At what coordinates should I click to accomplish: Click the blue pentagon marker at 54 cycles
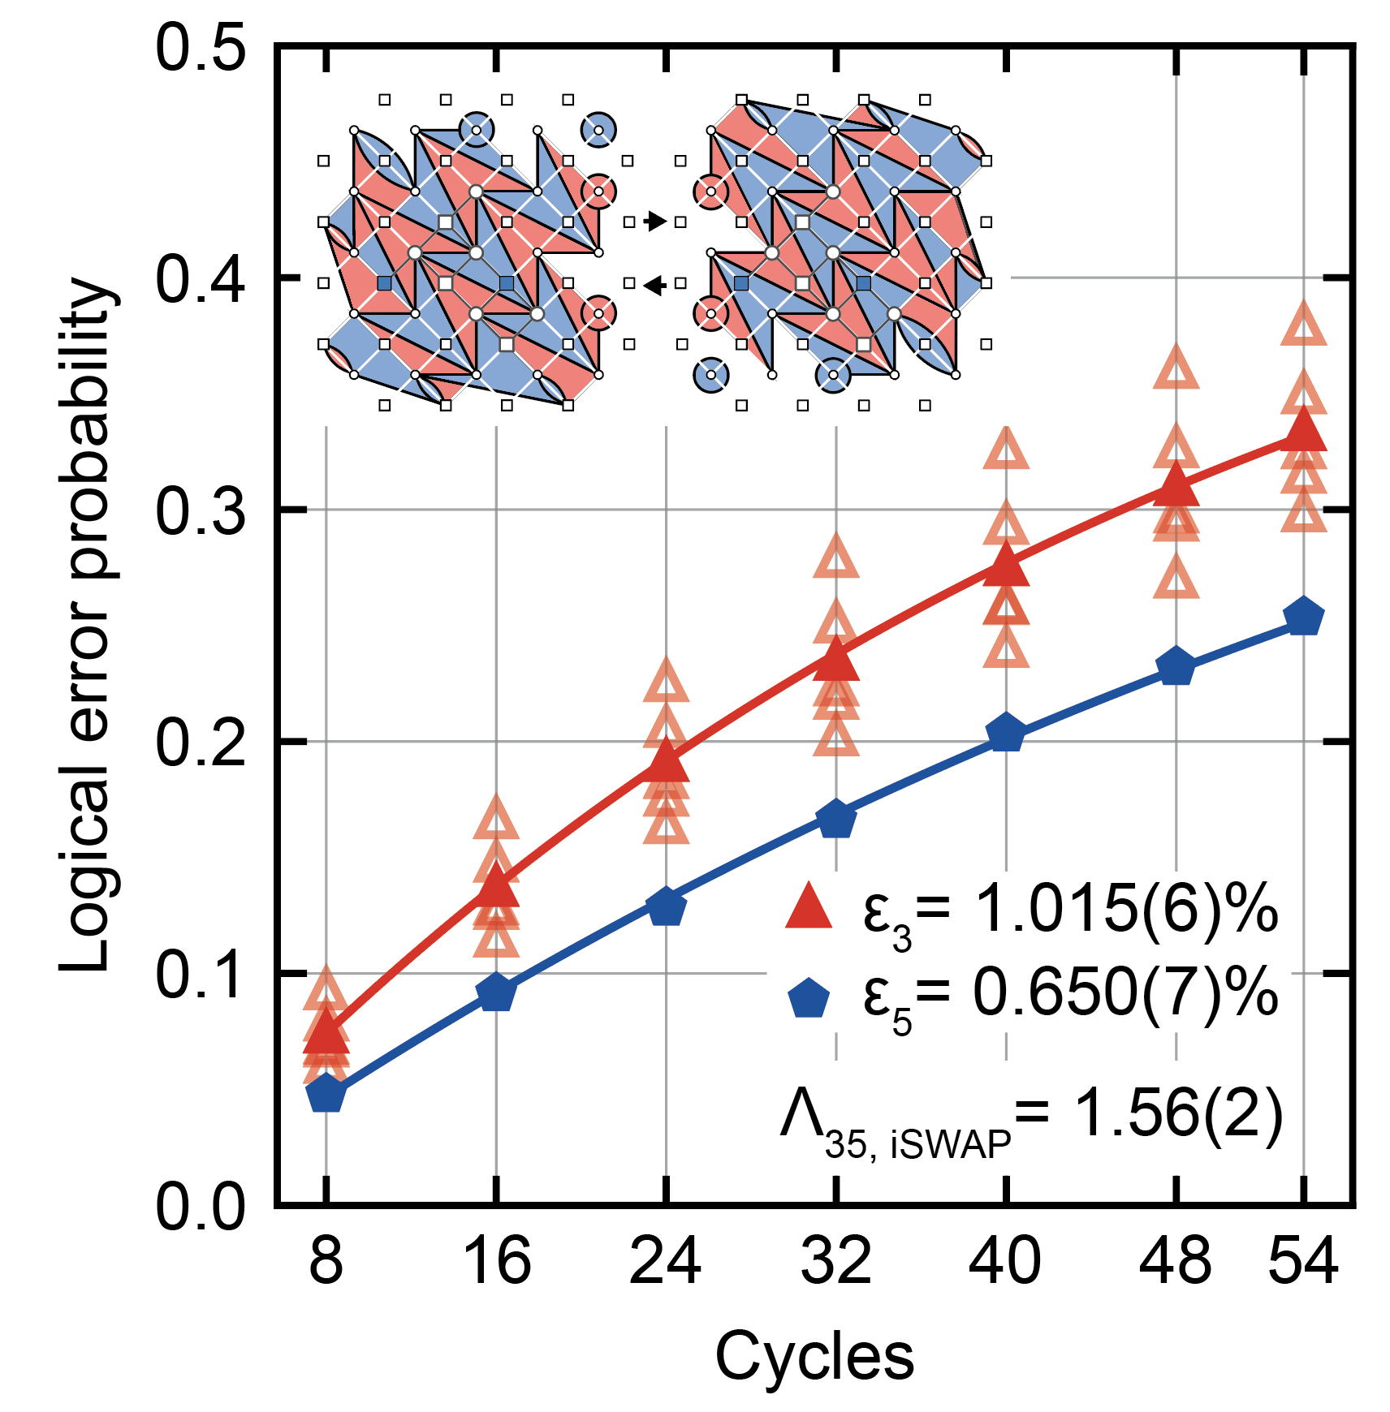point(1303,618)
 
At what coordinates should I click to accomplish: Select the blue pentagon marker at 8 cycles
point(326,1093)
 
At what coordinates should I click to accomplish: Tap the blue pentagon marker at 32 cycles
point(836,819)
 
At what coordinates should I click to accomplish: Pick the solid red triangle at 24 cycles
point(667,761)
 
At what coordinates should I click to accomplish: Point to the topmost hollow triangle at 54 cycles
point(1303,326)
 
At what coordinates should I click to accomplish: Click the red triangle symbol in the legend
point(809,906)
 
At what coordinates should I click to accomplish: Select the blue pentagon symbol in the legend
point(809,998)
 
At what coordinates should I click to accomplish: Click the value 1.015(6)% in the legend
point(1125,908)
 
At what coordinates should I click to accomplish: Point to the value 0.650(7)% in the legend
point(1125,993)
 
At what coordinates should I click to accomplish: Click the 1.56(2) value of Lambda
point(1177,1113)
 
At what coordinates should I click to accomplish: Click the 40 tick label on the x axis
point(1005,1261)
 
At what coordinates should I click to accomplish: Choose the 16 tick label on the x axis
point(496,1261)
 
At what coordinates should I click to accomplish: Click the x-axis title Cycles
point(814,1355)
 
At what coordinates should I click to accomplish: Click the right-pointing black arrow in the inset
point(655,221)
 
